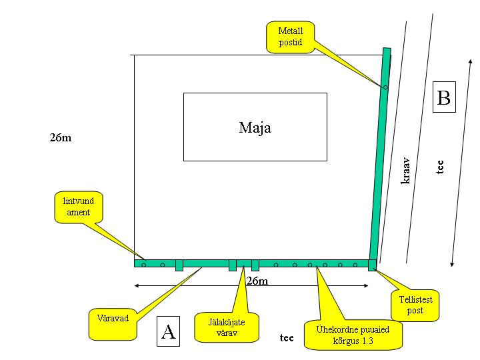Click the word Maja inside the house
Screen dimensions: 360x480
[x=255, y=127]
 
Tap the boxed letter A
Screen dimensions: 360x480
[x=169, y=331]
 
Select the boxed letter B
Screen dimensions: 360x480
[x=443, y=98]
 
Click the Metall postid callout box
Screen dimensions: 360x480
[x=290, y=37]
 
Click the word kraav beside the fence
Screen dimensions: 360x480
[x=405, y=170]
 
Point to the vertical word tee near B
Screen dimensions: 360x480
[x=440, y=167]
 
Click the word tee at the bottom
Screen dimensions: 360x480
[x=287, y=337]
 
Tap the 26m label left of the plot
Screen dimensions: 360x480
[x=60, y=138]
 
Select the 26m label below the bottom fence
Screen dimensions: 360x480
[x=257, y=281]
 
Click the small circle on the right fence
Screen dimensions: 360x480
[x=385, y=87]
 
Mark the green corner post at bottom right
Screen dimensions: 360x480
[x=372, y=265]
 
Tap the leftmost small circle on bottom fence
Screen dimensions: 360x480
[x=143, y=265]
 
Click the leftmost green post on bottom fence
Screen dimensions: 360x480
[x=179, y=265]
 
